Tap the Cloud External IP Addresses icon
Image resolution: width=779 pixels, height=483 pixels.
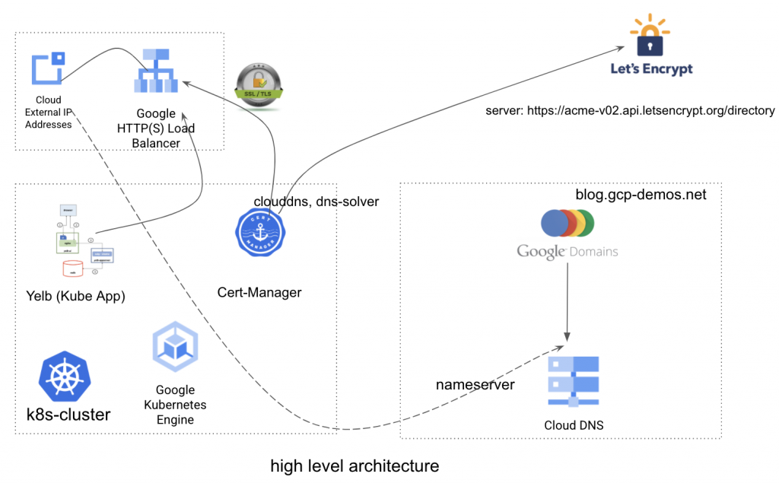[48, 68]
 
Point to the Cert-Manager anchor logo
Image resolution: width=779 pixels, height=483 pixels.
[259, 233]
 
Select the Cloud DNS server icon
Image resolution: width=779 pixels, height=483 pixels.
[573, 383]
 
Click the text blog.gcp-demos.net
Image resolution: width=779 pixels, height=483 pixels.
[641, 195]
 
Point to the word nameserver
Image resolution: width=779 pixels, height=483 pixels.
[475, 385]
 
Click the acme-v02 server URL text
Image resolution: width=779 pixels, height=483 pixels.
[630, 111]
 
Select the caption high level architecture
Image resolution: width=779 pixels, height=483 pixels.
[355, 466]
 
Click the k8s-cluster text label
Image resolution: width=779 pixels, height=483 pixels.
[68, 415]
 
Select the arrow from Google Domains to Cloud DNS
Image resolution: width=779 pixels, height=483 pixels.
[567, 304]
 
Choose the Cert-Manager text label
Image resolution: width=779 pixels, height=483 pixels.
[259, 292]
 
